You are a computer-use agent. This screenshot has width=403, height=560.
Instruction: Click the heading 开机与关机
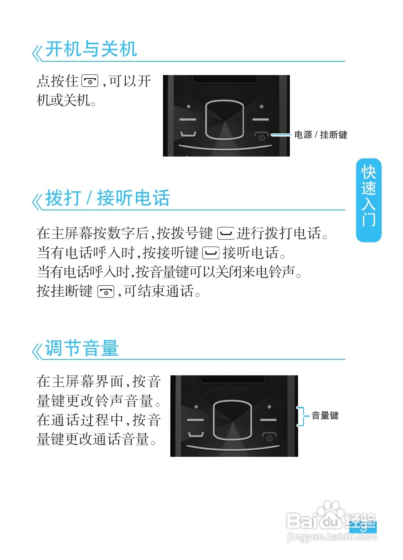tap(91, 49)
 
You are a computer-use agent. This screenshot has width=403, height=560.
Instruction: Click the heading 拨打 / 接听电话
tap(108, 198)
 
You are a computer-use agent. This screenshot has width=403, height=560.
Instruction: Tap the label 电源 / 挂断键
tap(320, 135)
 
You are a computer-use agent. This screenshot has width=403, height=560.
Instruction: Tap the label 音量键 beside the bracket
tap(325, 416)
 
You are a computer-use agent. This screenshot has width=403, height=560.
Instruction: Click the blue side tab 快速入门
tap(368, 200)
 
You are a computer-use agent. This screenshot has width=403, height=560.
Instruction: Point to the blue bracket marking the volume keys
tap(303, 416)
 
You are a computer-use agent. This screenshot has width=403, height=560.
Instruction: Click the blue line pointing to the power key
tap(281, 135)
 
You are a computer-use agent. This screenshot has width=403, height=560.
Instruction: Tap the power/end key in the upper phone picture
tap(261, 136)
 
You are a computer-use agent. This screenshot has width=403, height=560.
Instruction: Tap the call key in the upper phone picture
tap(188, 135)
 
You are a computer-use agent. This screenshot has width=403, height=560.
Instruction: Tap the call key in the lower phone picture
tap(196, 435)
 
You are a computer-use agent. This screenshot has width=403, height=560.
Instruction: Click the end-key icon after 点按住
tap(90, 81)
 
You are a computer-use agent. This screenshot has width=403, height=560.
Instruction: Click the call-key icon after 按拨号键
tap(226, 233)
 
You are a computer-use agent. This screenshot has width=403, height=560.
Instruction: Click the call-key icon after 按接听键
tap(211, 254)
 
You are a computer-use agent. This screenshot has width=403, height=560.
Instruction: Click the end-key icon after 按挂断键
tap(106, 292)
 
